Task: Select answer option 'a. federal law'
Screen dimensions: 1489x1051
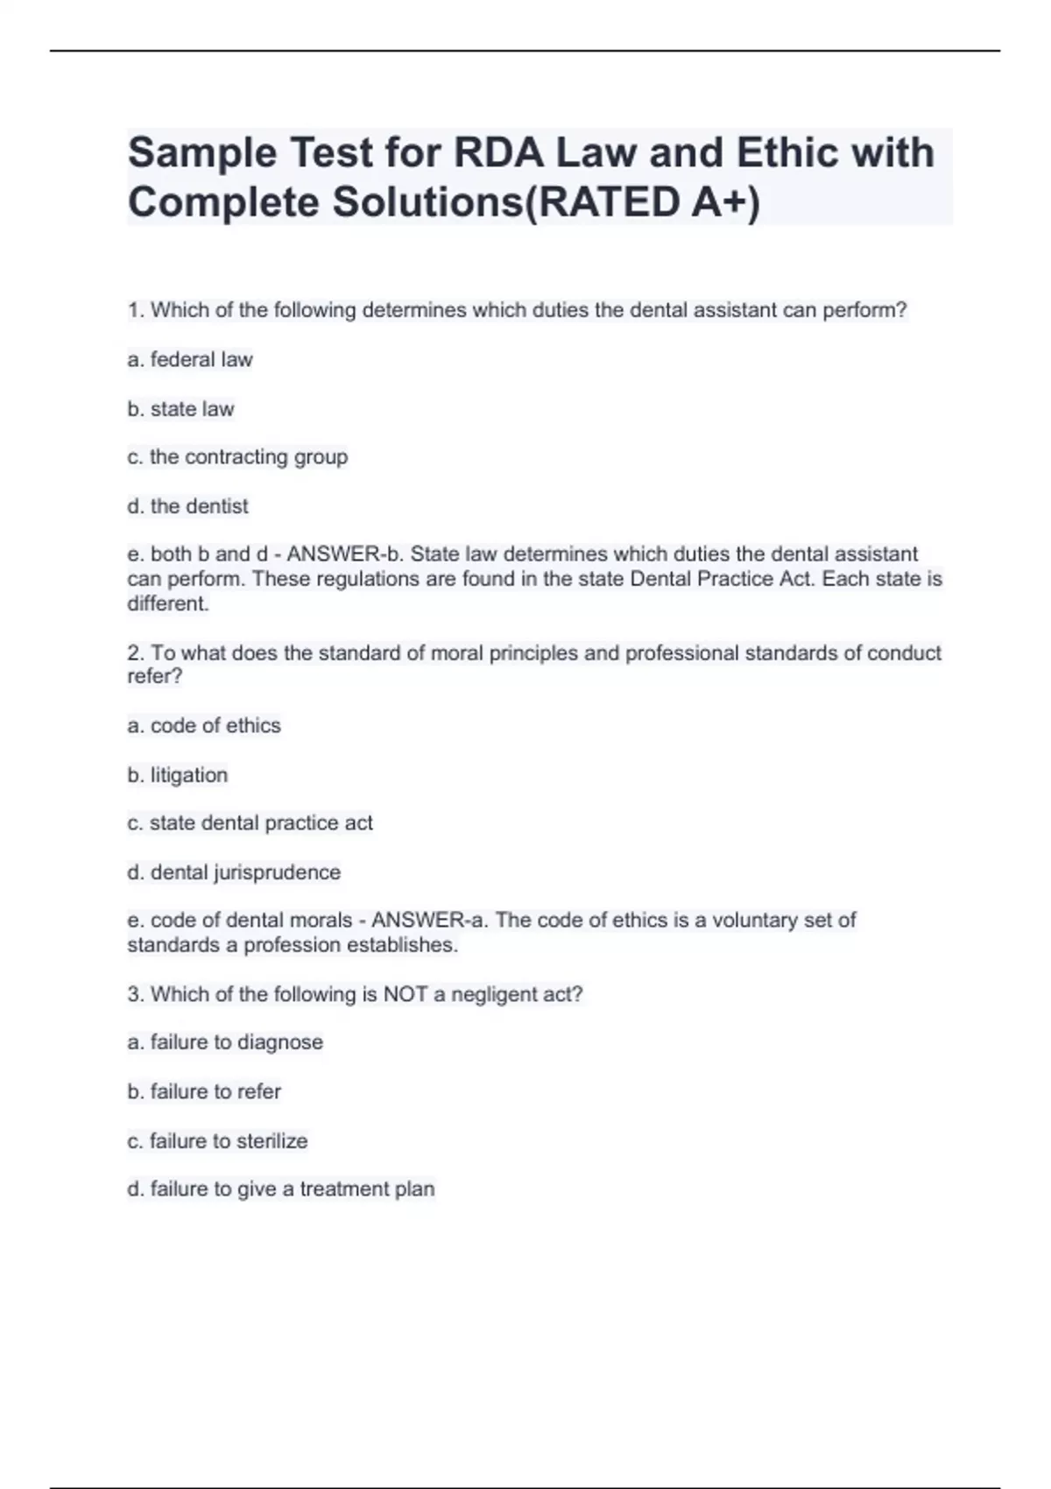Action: [x=190, y=359]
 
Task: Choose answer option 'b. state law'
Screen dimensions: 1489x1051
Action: [x=181, y=409]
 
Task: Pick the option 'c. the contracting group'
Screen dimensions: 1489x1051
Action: [x=237, y=457]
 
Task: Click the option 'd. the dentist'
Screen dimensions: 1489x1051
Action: [x=188, y=506]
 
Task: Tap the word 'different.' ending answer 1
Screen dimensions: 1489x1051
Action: [x=168, y=603]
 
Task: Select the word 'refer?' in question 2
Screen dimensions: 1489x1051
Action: [x=155, y=676]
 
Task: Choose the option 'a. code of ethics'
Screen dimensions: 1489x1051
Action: [x=204, y=725]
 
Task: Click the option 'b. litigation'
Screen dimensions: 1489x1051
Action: [x=178, y=775]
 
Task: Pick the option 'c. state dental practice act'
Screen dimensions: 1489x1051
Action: [x=250, y=823]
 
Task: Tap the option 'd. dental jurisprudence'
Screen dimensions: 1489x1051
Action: [x=234, y=872]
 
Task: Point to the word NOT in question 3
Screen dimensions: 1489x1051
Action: [x=406, y=994]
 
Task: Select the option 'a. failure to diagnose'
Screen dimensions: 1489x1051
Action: [x=225, y=1042]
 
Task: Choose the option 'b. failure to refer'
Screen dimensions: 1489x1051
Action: [x=204, y=1091]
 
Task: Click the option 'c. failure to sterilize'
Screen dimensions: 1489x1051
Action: [x=217, y=1141]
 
